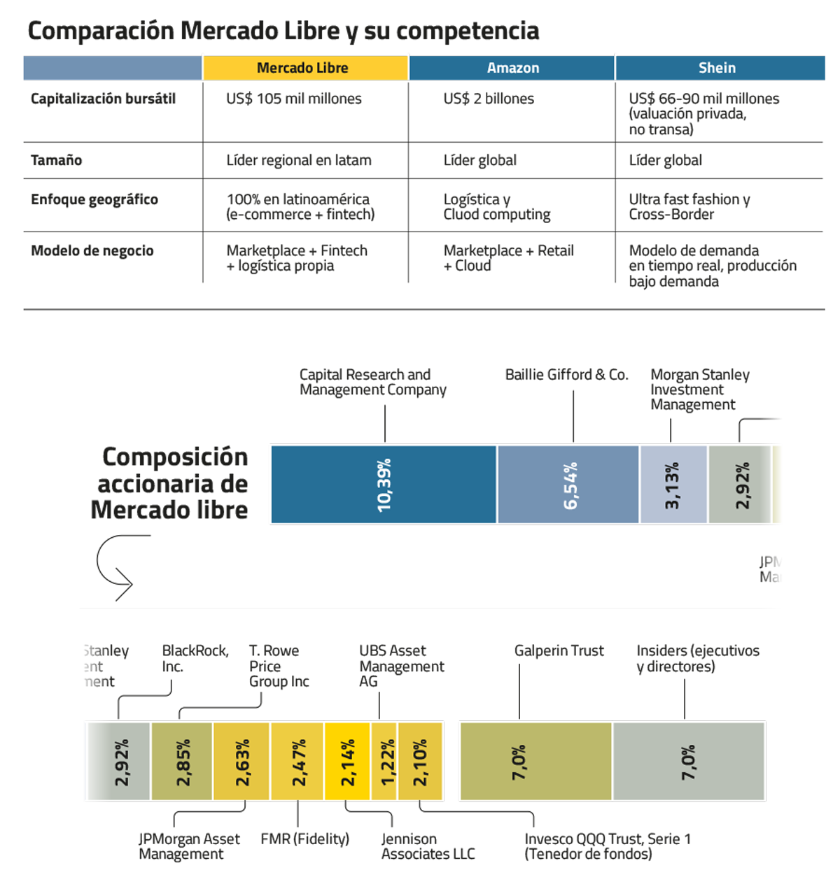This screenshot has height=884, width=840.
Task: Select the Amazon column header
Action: [x=512, y=68]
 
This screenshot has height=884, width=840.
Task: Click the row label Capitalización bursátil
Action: [x=103, y=99]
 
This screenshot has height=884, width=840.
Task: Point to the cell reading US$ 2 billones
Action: [x=488, y=99]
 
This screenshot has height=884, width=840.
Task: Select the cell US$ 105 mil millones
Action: [x=293, y=99]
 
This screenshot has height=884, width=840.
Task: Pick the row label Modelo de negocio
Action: [x=92, y=251]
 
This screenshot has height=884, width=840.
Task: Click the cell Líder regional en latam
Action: [x=298, y=160]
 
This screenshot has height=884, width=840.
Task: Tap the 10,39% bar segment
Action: [x=384, y=485]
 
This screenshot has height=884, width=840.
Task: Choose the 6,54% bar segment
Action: [x=568, y=485]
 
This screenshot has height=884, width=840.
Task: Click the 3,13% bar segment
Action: [x=673, y=485]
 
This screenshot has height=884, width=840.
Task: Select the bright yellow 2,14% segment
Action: [x=347, y=762]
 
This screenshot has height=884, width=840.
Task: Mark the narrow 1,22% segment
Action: [x=384, y=762]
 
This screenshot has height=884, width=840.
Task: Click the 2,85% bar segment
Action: [x=182, y=762]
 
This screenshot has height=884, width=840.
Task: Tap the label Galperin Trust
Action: [x=559, y=651]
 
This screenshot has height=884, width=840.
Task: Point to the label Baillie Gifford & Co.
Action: [x=566, y=375]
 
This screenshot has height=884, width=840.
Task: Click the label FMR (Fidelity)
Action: [x=304, y=839]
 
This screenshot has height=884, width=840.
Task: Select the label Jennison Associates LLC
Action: [x=428, y=846]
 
